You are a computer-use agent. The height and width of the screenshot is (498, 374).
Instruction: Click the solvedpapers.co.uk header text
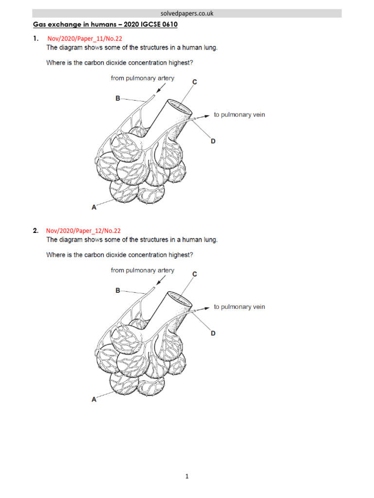point(187,13)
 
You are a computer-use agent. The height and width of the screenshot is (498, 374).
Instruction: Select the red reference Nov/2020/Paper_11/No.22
point(83,39)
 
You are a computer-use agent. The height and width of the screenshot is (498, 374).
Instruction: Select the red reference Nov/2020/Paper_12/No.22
point(83,231)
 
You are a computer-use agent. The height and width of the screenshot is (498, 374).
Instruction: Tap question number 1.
point(36,39)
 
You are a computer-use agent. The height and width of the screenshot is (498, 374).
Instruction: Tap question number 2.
point(36,231)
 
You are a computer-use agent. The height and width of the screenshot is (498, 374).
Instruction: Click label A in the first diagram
point(94,207)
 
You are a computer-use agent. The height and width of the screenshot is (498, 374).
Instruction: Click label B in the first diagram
point(117,98)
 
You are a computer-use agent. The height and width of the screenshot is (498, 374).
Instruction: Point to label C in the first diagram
point(194,82)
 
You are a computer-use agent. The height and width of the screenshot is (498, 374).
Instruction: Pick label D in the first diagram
point(213,141)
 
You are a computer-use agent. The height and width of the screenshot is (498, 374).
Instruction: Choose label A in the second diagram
point(94,399)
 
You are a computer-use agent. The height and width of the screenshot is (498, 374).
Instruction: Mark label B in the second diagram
point(117,290)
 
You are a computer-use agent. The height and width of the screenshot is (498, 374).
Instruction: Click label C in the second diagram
point(194,274)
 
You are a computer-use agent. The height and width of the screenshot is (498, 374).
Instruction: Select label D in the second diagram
point(213,333)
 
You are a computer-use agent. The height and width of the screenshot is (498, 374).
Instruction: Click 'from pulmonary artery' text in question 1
point(142,78)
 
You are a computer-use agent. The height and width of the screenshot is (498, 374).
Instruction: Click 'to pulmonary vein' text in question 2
point(240,307)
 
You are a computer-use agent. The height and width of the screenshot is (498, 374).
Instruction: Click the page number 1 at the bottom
point(187,477)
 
